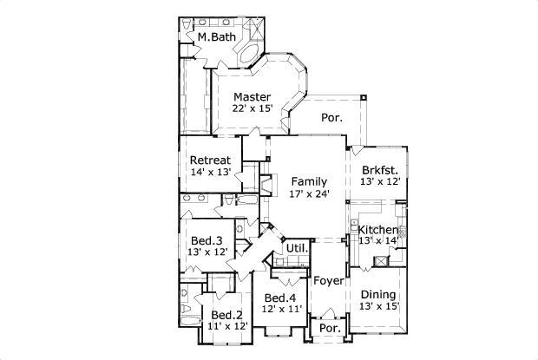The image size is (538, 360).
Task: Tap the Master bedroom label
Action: tap(253, 96)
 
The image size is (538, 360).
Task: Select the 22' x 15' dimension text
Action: tap(253, 108)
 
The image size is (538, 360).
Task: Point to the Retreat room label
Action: tap(210, 160)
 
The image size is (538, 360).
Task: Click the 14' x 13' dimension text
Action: tap(210, 173)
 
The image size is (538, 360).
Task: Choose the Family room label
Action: tap(310, 181)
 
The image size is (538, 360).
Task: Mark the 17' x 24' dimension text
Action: tap(310, 193)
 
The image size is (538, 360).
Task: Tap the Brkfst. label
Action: tap(380, 170)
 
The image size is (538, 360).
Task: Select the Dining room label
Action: tap(379, 294)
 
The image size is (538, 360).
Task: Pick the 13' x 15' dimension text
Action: tap(379, 306)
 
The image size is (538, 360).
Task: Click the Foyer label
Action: tap(328, 281)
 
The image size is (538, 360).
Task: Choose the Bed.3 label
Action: tap(207, 240)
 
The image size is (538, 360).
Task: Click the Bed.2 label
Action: tap(227, 314)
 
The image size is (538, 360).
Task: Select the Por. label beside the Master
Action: tap(331, 117)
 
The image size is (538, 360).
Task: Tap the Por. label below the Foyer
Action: tap(329, 331)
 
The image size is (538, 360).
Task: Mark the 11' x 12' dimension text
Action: tap(227, 326)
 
